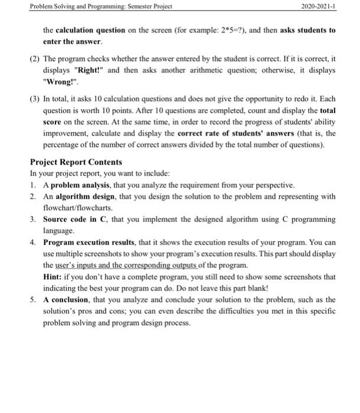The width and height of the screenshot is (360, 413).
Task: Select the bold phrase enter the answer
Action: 73,42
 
